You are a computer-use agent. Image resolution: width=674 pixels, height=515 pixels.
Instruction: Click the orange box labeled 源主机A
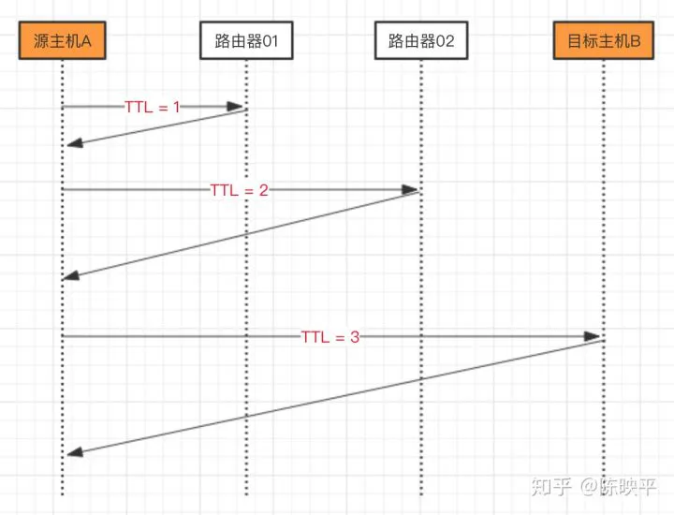pos(63,40)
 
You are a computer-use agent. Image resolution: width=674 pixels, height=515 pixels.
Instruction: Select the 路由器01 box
pos(246,40)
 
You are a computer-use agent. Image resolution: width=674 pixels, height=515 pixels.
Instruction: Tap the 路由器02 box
pos(421,40)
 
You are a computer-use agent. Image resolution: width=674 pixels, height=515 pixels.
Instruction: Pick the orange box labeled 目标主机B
pos(604,40)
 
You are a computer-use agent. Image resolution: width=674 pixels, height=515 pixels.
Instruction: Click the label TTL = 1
pos(153,107)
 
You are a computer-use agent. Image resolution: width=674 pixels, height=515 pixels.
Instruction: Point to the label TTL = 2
pos(239,190)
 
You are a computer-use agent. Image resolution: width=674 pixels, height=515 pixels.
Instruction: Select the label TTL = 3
pos(330,337)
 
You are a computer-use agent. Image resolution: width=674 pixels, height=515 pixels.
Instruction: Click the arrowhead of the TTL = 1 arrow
pos(235,107)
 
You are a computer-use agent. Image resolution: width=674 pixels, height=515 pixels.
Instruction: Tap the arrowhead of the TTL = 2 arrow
pos(410,189)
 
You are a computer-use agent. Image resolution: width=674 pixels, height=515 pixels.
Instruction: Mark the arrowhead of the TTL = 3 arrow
pos(592,336)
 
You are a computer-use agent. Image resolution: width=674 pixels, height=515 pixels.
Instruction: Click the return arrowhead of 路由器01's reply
pos(75,143)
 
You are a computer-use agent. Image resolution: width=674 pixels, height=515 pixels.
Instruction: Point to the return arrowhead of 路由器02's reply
pos(71,275)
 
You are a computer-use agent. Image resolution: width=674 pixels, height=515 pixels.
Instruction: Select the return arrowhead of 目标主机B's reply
pos(75,452)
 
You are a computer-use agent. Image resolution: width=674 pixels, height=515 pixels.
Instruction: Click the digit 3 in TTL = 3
pos(355,337)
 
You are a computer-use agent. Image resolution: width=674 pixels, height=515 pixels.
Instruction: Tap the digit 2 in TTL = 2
pos(263,190)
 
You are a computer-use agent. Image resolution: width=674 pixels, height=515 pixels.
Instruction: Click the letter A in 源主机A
pos(86,41)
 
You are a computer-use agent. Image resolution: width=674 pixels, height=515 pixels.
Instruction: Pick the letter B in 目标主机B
pos(635,41)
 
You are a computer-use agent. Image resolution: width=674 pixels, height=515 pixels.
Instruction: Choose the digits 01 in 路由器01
pos(271,41)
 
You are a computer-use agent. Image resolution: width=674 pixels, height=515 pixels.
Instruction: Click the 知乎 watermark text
pos(551,487)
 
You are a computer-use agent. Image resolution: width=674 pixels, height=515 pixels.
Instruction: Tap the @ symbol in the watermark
pos(590,487)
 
